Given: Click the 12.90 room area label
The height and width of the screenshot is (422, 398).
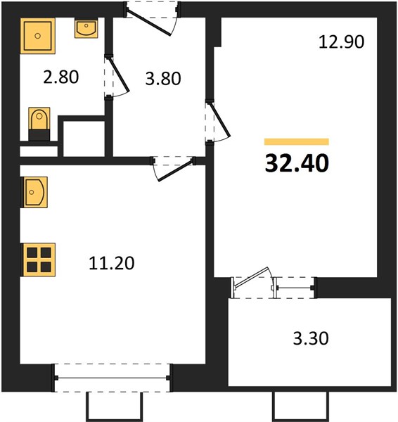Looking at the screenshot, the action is pyautogui.click(x=341, y=42).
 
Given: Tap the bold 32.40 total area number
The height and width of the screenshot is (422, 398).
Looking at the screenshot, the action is pyautogui.click(x=297, y=163).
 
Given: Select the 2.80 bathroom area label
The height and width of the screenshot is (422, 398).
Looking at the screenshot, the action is pyautogui.click(x=61, y=77).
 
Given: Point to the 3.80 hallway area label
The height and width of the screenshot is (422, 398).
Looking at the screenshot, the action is pyautogui.click(x=163, y=79).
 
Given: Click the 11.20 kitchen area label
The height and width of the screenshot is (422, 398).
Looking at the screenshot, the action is pyautogui.click(x=111, y=263).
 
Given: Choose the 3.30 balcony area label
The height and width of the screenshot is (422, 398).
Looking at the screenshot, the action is pyautogui.click(x=311, y=338).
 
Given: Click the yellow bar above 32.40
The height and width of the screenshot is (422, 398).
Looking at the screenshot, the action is pyautogui.click(x=297, y=141).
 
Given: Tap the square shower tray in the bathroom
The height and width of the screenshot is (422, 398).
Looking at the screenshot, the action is pyautogui.click(x=38, y=36).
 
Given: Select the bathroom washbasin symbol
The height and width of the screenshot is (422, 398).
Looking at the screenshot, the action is pyautogui.click(x=86, y=28).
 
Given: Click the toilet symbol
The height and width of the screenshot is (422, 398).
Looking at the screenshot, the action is pyautogui.click(x=39, y=124).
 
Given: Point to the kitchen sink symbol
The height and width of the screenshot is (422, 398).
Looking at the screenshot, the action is pyautogui.click(x=34, y=192).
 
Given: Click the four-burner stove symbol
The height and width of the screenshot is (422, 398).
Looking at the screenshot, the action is pyautogui.click(x=39, y=260).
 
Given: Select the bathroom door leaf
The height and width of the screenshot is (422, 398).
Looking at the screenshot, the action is pyautogui.click(x=118, y=74).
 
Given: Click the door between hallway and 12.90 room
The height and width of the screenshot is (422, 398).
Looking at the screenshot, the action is pyautogui.click(x=219, y=120).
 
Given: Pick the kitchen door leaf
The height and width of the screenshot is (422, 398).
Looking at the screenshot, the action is pyautogui.click(x=176, y=170).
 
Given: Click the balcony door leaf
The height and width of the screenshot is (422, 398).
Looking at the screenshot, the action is pyautogui.click(x=251, y=278).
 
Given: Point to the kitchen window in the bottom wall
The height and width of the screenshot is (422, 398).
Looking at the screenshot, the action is pyautogui.click(x=113, y=378).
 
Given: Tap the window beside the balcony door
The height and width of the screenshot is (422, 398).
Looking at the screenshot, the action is pyautogui.click(x=295, y=288).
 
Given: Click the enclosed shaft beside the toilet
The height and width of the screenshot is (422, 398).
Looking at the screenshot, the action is pyautogui.click(x=84, y=139).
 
